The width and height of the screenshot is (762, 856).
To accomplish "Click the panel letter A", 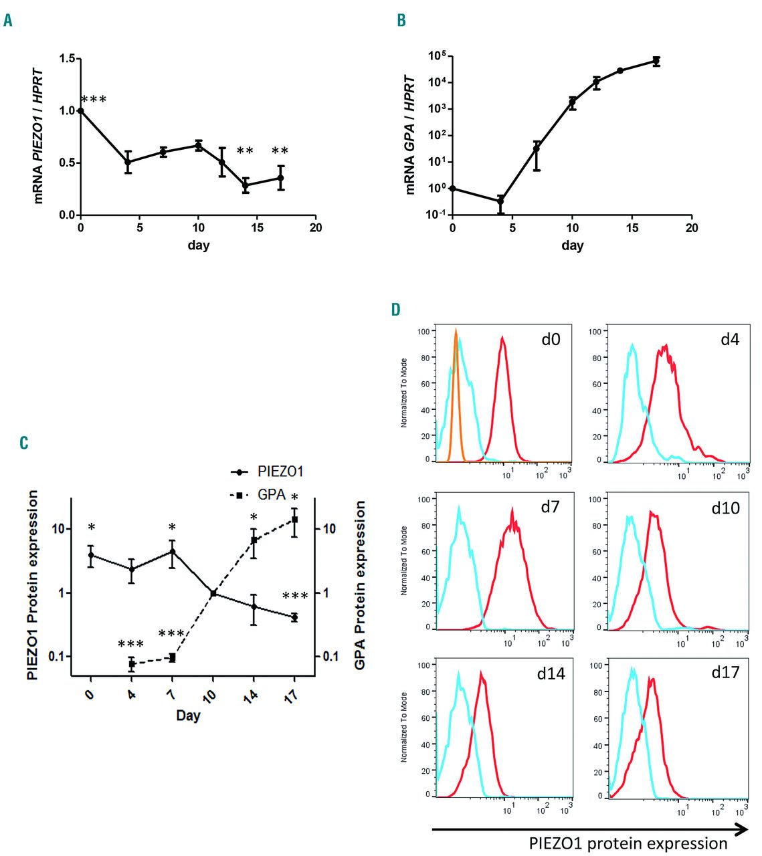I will coord(8,20).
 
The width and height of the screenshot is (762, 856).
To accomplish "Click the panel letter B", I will coord(401,20).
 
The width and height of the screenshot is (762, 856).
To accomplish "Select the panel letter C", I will coord(24,443).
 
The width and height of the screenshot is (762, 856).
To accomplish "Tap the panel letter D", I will coord(396,309).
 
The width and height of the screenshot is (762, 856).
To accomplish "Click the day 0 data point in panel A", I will coord(81,110).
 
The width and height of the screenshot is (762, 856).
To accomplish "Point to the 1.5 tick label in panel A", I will coord(67,59).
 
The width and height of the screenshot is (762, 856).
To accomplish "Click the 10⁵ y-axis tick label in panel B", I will coord(437,56).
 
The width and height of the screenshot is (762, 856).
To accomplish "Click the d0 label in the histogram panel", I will coord(551,340).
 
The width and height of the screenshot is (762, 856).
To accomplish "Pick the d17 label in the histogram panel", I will coord(725,673).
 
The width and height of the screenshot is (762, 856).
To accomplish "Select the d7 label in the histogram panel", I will coord(550,507).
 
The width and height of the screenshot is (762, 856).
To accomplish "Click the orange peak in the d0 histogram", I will coord(456,331).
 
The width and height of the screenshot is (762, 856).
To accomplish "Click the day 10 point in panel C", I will coord(213,593).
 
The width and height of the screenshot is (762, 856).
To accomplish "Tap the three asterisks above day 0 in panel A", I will coord(94,100).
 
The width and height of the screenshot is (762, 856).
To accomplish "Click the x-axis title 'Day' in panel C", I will coord(188,716).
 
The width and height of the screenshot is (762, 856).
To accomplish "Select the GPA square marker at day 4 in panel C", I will coord(132,664).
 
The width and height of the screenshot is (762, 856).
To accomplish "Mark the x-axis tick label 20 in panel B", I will coord(692,228).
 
